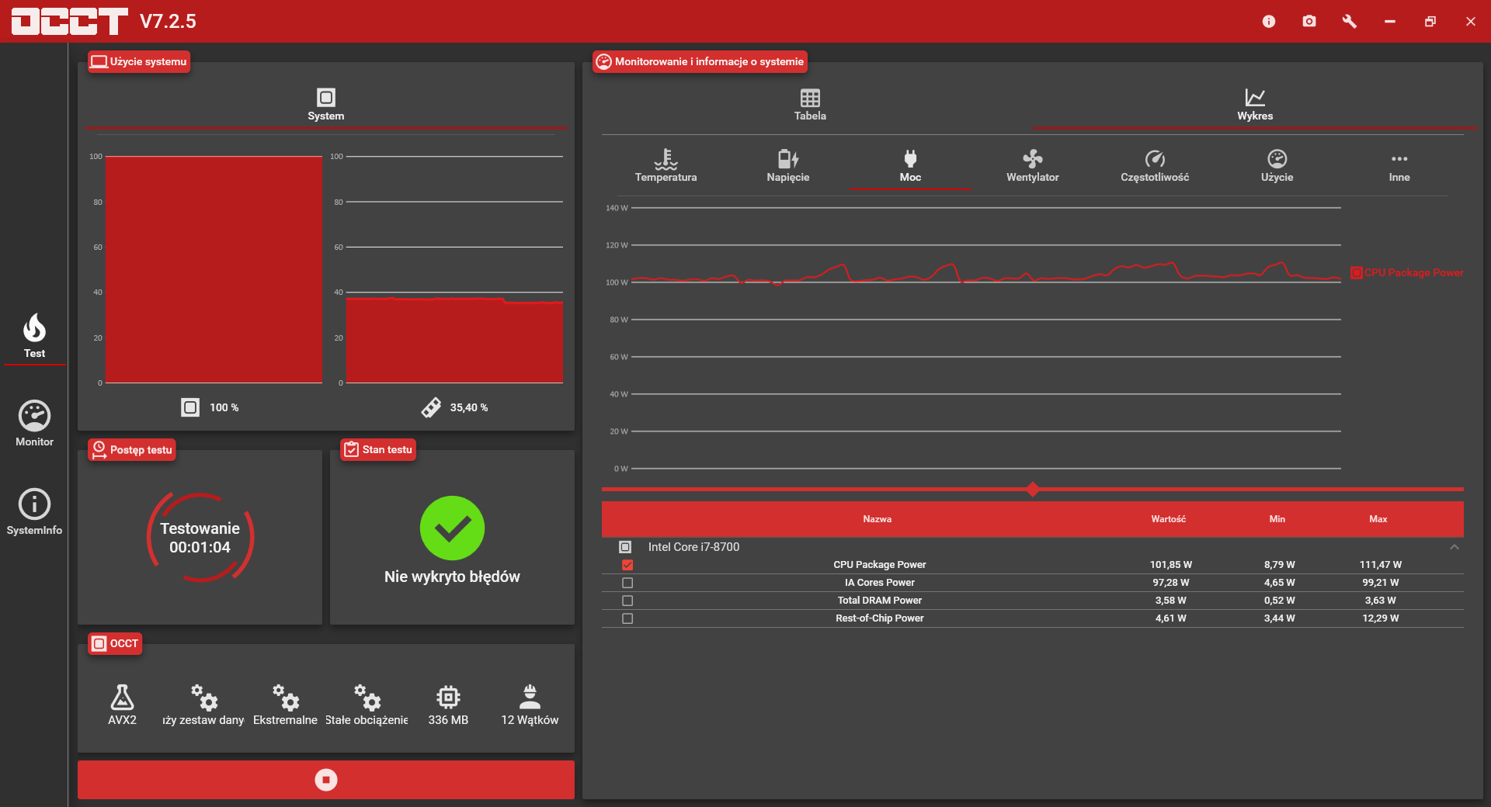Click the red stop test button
326,779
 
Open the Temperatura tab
666,165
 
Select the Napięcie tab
787,165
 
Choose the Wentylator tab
1032,165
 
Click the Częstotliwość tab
1155,165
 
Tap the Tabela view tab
810,104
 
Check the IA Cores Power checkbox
627,583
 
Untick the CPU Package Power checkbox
627,565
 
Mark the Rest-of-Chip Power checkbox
627,618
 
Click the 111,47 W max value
1380,565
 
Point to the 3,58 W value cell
1170,601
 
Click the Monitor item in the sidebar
34,424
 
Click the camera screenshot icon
1309,21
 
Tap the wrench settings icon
1350,21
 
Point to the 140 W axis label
617,208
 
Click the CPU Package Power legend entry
1407,272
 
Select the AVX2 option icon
122,697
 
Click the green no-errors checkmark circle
452,528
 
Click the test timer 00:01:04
200,547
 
